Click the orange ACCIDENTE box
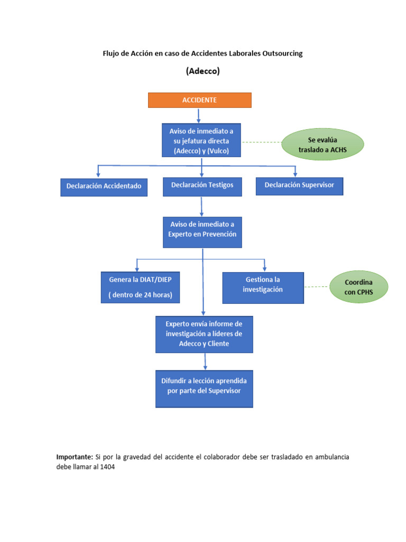199,100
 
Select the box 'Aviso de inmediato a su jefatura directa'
201,140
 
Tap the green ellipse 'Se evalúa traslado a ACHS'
323,145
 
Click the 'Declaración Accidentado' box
104,186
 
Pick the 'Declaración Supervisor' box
299,185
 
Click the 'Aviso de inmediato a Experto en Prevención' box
202,232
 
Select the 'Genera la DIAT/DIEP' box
140,287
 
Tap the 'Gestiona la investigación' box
263,287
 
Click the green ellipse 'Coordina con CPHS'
359,287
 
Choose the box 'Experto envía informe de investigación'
204,334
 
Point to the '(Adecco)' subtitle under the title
202,71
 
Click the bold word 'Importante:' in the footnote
74,457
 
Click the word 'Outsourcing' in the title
282,53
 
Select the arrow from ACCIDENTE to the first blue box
198,115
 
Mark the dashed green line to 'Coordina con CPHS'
317,287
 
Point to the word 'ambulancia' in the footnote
330,457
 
